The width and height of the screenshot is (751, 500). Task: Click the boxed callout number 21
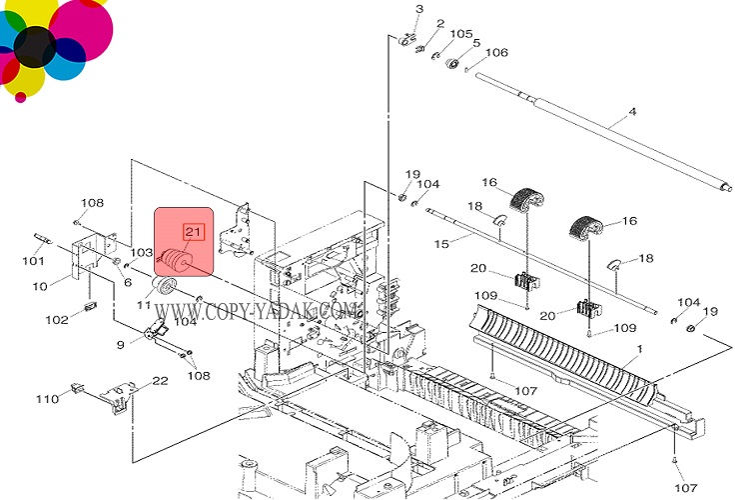pos(193,233)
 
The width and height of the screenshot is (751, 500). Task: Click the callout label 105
pos(460,34)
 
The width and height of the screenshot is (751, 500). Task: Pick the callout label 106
pos(496,52)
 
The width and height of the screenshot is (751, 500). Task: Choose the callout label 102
pos(56,320)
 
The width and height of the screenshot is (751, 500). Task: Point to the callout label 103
pos(141,253)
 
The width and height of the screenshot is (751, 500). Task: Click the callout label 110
pos(47,399)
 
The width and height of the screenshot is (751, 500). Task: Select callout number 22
pos(160,381)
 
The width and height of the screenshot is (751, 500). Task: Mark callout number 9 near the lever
pos(121,344)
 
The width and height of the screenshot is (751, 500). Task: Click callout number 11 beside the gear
pos(144,304)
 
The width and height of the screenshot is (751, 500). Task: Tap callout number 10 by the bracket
pos(40,287)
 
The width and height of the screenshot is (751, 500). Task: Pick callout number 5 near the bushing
pos(476,43)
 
